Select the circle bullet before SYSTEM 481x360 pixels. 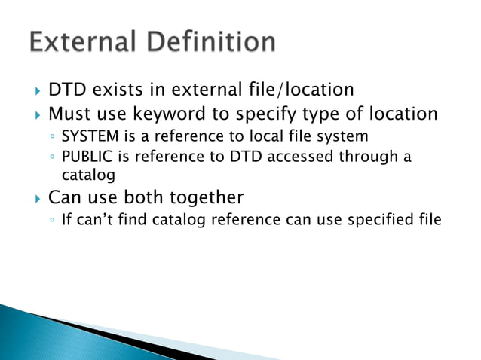click(51, 137)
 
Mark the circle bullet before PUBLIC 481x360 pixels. click(51, 158)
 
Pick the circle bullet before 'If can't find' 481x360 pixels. click(51, 221)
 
